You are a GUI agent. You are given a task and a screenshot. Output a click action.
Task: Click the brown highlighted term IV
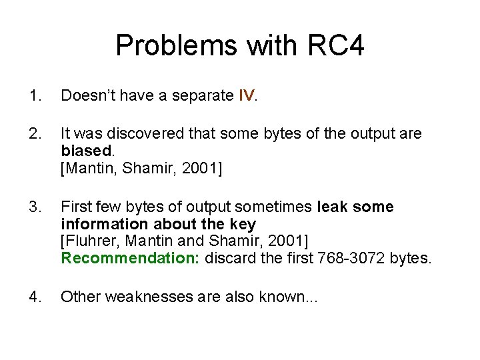point(246,97)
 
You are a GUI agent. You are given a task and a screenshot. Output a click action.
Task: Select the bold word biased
point(83,151)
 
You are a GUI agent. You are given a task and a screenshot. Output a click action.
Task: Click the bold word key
point(243,224)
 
